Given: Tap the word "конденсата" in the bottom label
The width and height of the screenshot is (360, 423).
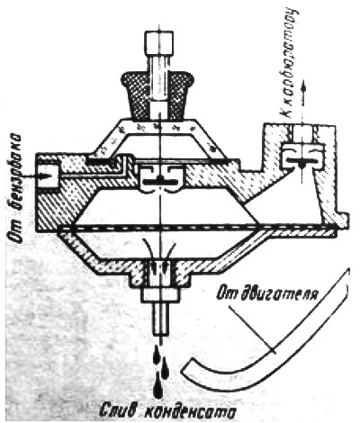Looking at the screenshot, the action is [x=188, y=412].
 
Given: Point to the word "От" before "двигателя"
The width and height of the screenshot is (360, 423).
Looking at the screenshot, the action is [x=228, y=293].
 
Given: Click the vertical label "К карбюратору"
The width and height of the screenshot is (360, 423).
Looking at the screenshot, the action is [x=289, y=64].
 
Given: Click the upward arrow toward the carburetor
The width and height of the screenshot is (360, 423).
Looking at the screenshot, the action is [x=303, y=96].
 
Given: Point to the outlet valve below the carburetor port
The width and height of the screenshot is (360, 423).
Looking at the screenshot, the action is [x=302, y=157].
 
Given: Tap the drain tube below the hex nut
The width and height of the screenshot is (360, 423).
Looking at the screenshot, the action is [x=161, y=319].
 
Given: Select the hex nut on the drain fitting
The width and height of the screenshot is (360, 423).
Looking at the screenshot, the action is [x=160, y=295].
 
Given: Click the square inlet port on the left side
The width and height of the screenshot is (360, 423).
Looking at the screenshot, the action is [x=48, y=175].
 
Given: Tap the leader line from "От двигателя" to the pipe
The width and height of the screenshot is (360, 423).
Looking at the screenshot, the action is [x=252, y=329].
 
